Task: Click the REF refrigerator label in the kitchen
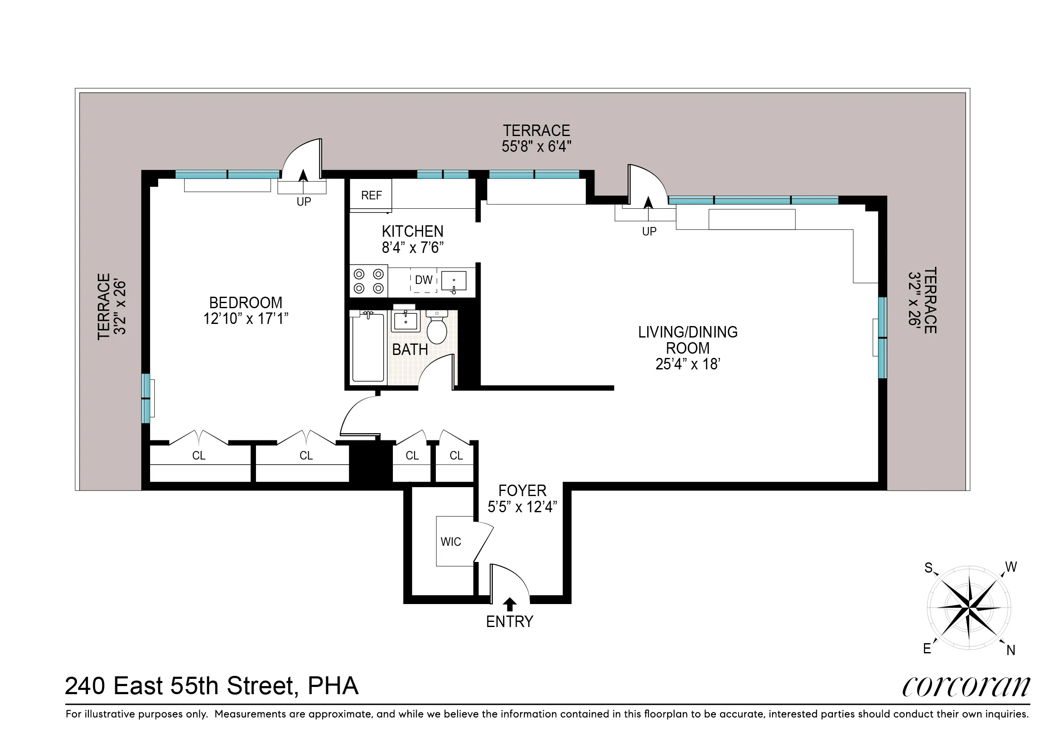(371, 195)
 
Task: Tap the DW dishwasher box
(423, 280)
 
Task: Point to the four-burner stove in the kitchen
(368, 281)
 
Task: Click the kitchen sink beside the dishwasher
(453, 281)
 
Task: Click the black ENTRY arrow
(510, 604)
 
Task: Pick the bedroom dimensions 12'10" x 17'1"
(246, 318)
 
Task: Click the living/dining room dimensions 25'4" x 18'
(688, 364)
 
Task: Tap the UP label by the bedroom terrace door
(303, 201)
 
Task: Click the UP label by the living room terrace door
(649, 231)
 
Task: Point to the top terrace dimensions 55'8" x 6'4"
(536, 147)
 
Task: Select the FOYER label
(522, 490)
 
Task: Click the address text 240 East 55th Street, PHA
(211, 686)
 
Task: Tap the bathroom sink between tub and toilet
(405, 321)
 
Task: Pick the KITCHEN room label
(412, 231)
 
